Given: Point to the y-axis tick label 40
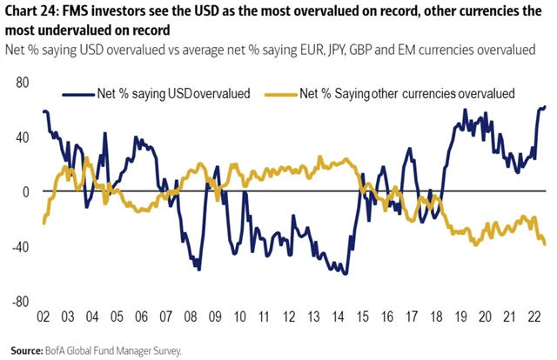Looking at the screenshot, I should point(20,137).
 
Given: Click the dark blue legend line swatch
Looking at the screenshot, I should point(79,92).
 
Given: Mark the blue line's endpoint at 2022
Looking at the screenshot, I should point(546,107).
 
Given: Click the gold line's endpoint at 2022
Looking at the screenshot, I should point(546,244).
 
